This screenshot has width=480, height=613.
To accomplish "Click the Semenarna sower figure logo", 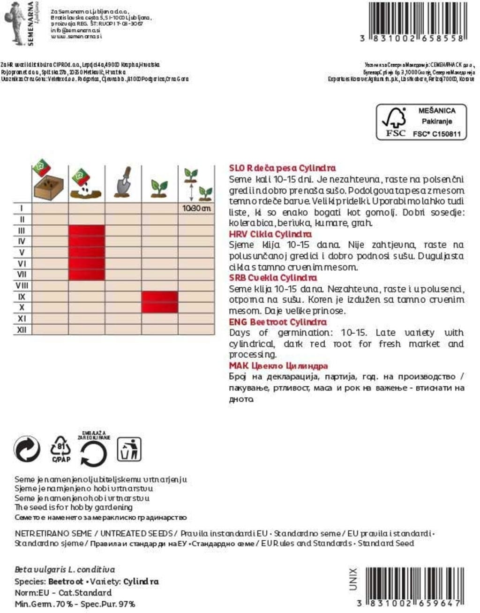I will (15, 23).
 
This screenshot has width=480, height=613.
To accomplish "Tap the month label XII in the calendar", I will (22, 330).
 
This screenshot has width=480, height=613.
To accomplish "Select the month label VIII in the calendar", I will (22, 285).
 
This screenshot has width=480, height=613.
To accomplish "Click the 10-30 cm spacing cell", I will (196, 208).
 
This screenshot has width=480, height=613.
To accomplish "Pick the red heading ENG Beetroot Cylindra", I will (277, 322).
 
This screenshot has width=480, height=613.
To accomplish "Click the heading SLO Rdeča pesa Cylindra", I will (282, 168).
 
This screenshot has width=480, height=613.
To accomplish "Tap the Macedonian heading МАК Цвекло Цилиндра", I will (278, 366).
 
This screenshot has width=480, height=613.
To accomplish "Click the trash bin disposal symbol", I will (129, 449).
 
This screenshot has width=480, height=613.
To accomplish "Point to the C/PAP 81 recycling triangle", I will (61, 449).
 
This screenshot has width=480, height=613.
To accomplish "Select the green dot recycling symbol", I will (27, 449).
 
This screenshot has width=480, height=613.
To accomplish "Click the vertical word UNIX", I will (353, 579).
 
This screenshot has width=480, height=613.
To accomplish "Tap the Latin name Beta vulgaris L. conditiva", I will (65, 570).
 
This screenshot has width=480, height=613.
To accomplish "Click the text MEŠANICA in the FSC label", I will (436, 111).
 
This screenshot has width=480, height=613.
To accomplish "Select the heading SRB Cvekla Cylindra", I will (273, 278).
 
